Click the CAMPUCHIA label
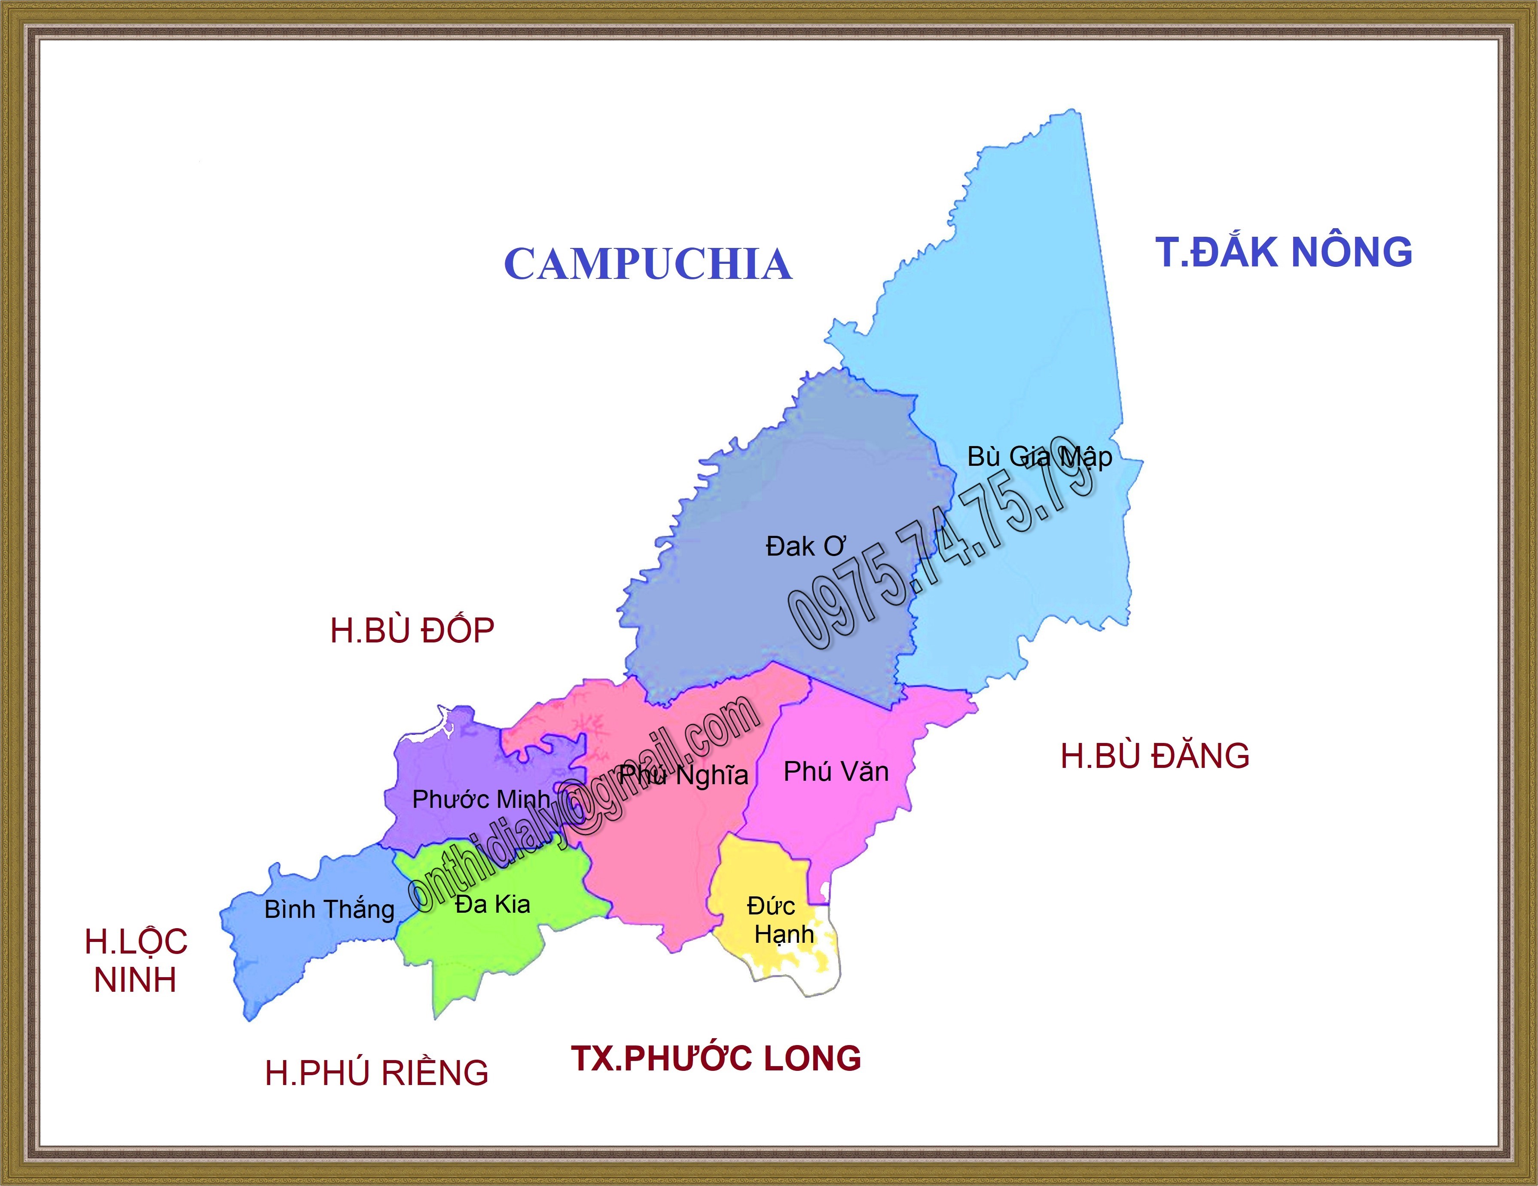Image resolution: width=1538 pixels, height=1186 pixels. click(x=648, y=264)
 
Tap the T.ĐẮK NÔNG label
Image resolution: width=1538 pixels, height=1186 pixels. click(x=1283, y=252)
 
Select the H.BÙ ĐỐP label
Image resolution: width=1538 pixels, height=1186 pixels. click(x=412, y=630)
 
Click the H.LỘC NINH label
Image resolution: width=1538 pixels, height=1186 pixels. click(x=136, y=961)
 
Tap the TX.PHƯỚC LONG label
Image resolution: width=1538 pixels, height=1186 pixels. click(x=716, y=1058)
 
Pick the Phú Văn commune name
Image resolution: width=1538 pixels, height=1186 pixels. click(x=836, y=772)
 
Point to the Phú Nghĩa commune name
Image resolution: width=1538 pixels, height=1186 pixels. click(x=684, y=775)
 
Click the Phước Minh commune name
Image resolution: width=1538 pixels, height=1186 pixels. click(x=481, y=799)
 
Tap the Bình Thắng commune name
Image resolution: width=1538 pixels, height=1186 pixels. click(x=329, y=909)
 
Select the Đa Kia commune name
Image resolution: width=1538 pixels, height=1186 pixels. click(x=492, y=904)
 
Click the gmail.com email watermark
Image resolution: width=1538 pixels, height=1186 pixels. click(x=585, y=803)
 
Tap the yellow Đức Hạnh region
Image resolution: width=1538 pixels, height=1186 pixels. click(x=754, y=873)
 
